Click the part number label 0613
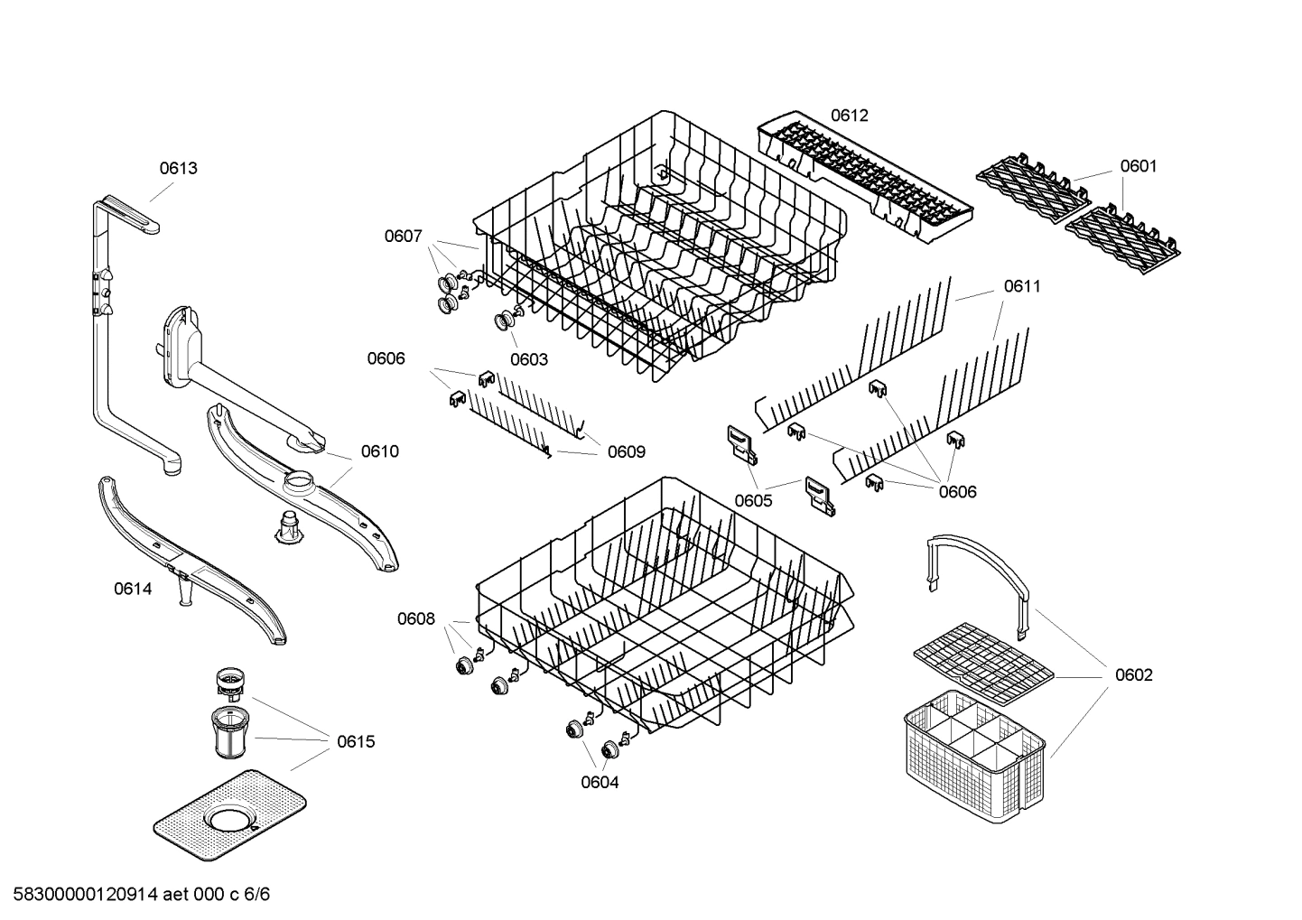click(x=179, y=168)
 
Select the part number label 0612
click(x=849, y=115)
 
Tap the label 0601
click(x=1138, y=166)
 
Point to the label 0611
click(x=1022, y=286)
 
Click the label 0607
click(x=403, y=237)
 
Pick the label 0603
click(x=528, y=359)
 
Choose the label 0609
click(x=626, y=451)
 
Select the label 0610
click(x=379, y=451)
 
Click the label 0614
click(x=133, y=590)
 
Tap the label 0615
click(x=356, y=742)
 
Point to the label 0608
click(x=415, y=619)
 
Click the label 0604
click(x=600, y=783)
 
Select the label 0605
click(x=753, y=500)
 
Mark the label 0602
click(x=1133, y=675)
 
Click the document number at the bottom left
click(x=135, y=895)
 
